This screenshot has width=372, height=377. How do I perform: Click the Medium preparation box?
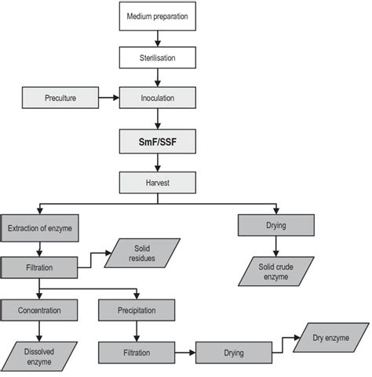pyautogui.click(x=158, y=15)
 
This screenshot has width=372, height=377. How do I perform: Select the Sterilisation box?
pyautogui.click(x=158, y=57)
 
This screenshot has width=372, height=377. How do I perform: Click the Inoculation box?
pyautogui.click(x=158, y=100)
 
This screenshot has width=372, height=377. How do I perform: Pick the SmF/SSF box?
pyautogui.click(x=158, y=143)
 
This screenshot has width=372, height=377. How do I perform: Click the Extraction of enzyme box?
pyautogui.click(x=39, y=228)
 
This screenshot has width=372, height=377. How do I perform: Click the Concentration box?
pyautogui.click(x=39, y=310)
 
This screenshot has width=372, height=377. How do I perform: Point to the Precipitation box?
pyautogui.click(x=137, y=310)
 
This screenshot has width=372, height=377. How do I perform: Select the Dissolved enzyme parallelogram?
pyautogui.click(x=39, y=353)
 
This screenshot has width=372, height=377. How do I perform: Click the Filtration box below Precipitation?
pyautogui.click(x=137, y=353)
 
